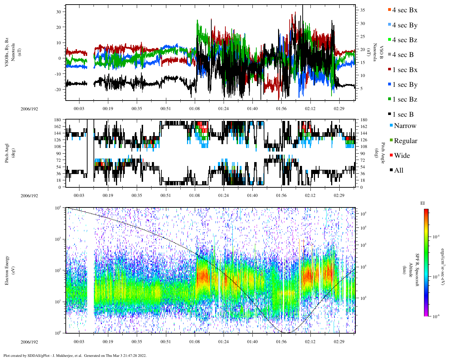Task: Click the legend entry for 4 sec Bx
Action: (x=404, y=10)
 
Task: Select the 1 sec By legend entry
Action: (x=404, y=85)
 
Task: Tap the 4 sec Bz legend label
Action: (x=404, y=40)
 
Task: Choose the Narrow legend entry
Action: (x=405, y=126)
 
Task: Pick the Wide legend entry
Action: (x=401, y=156)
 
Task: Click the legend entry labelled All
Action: (x=398, y=171)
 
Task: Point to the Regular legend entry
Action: (x=405, y=141)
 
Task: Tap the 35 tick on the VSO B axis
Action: (x=362, y=11)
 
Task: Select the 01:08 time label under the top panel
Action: (x=194, y=109)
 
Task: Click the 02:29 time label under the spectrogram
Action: (x=339, y=342)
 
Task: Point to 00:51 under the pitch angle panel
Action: (x=166, y=195)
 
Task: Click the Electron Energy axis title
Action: (x=7, y=270)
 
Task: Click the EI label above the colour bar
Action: (x=423, y=203)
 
